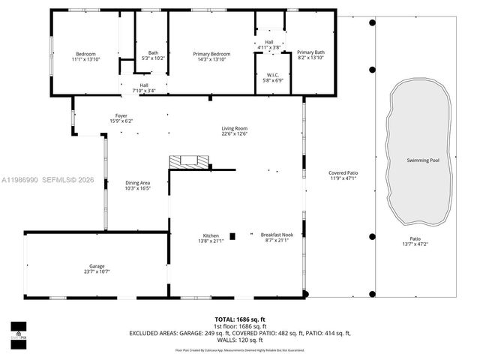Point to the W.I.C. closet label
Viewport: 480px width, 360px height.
tap(273, 75)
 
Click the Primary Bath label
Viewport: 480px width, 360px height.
tap(310, 52)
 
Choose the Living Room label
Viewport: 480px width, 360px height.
tap(234, 128)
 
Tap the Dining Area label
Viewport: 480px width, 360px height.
tap(138, 182)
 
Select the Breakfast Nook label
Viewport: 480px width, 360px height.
tap(274, 235)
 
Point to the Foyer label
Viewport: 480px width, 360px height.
tap(121, 115)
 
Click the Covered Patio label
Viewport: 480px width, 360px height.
tap(342, 173)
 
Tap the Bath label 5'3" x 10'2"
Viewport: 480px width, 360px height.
tap(153, 52)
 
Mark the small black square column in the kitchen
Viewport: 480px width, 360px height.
tap(232, 236)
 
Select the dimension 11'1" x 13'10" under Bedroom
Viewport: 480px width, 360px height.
tap(85, 58)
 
